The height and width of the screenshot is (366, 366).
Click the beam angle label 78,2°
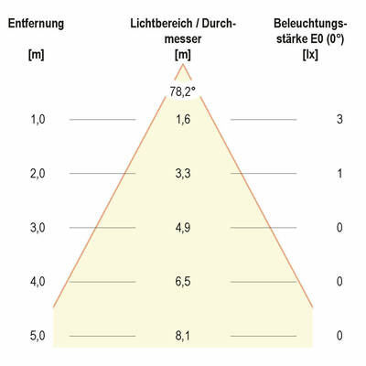point(183,91)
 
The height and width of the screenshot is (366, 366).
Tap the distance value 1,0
point(38,120)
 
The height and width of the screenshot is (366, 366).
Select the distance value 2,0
point(38,174)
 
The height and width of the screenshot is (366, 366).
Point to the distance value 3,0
point(38,228)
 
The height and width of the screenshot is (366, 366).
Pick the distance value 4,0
point(38,282)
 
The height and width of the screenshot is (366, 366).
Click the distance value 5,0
point(38,336)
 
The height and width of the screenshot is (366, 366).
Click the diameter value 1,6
point(183,120)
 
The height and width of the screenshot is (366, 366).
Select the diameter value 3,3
point(183,174)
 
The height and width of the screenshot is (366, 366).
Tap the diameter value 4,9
point(183,228)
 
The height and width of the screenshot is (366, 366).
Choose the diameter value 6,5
point(183,282)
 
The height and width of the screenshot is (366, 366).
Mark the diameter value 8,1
point(183,336)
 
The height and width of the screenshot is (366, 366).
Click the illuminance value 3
point(339,120)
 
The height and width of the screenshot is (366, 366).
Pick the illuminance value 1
point(339,174)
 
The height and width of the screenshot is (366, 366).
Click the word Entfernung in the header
point(37,23)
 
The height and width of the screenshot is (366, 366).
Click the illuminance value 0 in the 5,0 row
point(339,336)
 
